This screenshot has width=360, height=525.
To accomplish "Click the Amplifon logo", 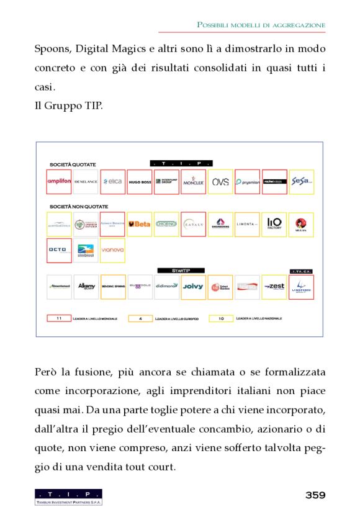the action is coord(60,182).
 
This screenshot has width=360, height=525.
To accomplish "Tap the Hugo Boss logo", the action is coord(140,182).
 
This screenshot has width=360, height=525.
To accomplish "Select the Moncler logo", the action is coord(193,182).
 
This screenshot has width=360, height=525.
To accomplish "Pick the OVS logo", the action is coord(220,182).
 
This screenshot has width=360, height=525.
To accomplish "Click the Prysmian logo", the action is coord(248,182).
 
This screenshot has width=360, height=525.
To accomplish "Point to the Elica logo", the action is coord(113,182).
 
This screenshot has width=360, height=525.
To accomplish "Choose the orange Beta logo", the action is coord(140,224).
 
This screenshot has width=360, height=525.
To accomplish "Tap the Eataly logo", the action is coord(193,224).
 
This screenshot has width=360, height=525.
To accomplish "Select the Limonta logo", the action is coord(248,224).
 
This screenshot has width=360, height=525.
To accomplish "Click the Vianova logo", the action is coord(112,250).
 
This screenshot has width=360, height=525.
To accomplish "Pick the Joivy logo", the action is coord(193,287).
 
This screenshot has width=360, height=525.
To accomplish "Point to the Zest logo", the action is coord(274,287).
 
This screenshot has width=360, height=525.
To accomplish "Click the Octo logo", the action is coord(60,250).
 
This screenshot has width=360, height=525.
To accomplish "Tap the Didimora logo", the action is coord(166,287).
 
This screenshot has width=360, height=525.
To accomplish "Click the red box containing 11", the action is coord(60,318).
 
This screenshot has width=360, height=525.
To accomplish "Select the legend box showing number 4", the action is coord(141,318).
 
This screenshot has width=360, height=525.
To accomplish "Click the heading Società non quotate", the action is coord(78,206).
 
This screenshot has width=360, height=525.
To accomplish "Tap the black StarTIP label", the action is coord(180,271).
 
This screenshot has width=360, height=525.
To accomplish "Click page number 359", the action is coord(315,495).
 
